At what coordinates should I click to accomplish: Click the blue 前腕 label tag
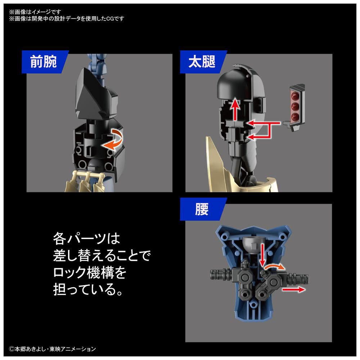pyautogui.click(x=45, y=62)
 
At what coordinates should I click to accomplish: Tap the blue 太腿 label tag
pyautogui.click(x=203, y=62)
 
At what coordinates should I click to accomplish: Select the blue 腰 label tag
pyautogui.click(x=203, y=209)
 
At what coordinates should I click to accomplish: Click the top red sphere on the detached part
pyautogui.click(x=295, y=95)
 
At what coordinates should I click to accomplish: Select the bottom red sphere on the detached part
pyautogui.click(x=295, y=117)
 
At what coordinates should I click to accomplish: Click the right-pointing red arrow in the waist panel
pyautogui.click(x=294, y=289)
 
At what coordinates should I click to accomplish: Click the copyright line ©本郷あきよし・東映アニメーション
pyautogui.click(x=52, y=349)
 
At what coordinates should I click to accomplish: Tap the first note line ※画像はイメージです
pyautogui.click(x=35, y=12)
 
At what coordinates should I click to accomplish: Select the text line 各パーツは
pyautogui.click(x=86, y=239)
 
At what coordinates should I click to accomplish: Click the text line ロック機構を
pyautogui.click(x=90, y=272)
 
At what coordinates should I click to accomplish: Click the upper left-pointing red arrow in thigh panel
pyautogui.click(x=264, y=123)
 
